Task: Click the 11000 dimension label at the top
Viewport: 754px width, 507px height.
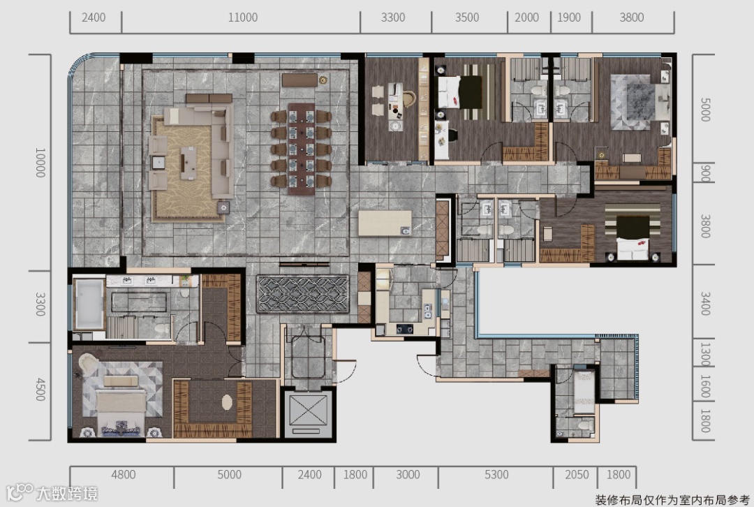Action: (x=243, y=17)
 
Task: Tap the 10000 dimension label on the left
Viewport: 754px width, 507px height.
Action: (x=40, y=163)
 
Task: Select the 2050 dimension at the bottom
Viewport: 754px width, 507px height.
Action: (x=577, y=475)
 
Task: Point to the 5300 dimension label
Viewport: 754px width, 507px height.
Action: (x=496, y=475)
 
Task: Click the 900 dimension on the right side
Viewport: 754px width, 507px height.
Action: (x=705, y=173)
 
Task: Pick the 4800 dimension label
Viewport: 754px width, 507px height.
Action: (x=123, y=475)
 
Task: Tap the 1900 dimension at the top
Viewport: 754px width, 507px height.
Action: (x=569, y=17)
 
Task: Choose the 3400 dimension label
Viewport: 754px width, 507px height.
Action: (x=705, y=303)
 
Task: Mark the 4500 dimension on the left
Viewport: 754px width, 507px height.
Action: (x=40, y=390)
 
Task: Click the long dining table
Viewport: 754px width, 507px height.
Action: (x=302, y=149)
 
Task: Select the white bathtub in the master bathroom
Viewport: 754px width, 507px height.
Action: (x=89, y=303)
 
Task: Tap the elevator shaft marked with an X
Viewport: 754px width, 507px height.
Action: (x=306, y=413)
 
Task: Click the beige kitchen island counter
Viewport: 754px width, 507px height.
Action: (x=385, y=223)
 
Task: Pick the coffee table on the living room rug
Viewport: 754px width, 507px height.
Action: (x=188, y=163)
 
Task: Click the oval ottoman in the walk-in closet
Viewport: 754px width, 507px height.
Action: (x=228, y=402)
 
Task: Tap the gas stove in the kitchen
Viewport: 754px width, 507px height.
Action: (x=404, y=330)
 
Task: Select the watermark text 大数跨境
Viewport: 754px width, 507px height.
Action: (x=67, y=494)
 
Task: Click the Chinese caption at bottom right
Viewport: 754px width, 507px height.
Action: (x=672, y=500)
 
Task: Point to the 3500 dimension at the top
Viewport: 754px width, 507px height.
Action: (x=467, y=17)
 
